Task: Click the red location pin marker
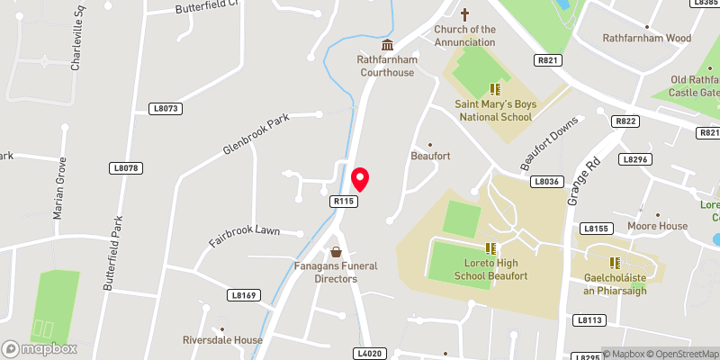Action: point(360,179)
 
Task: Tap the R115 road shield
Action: point(342,202)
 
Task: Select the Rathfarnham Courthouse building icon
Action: point(387,46)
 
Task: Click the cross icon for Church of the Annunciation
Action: point(465,14)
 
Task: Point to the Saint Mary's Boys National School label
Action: point(497,111)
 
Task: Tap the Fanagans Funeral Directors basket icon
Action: point(336,252)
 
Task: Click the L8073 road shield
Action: point(165,109)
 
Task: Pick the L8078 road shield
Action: point(128,168)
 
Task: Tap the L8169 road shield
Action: point(243,295)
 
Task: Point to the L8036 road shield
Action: point(546,181)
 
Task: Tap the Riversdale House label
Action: point(221,340)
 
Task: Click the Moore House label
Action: point(657,226)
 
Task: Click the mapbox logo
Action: point(40,348)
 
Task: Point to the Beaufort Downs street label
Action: point(546,146)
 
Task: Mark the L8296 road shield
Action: point(634,159)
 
